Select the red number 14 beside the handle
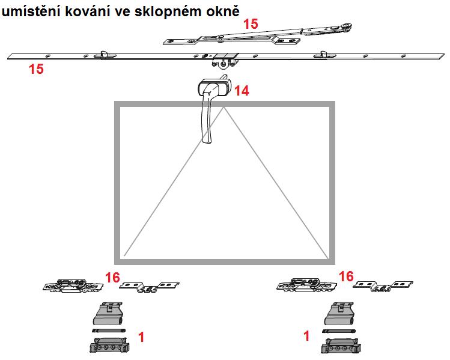pos(242,91)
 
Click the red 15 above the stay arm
pos(251,24)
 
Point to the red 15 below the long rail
pos(36,69)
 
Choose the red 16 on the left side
pos(112,278)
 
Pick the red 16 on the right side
pos(346,276)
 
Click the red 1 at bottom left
pos(141,337)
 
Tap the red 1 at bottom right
pos(307,336)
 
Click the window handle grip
pos(207,118)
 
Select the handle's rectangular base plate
pos(214,85)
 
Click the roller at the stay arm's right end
pos(347,27)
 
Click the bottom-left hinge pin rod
pos(109,331)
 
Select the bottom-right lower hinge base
pos(341,346)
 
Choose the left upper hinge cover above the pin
pos(108,314)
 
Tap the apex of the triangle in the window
pos(224,108)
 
